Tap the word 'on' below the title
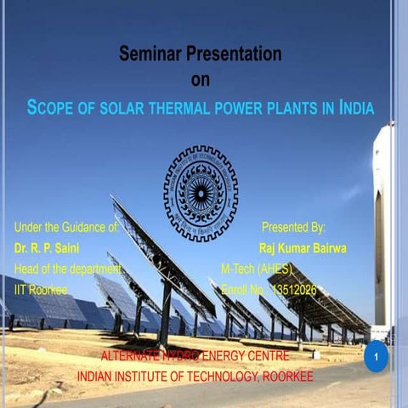(x=201, y=81)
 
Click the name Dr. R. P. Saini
(x=43, y=248)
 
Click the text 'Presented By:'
(x=294, y=228)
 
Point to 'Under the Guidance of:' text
(x=66, y=228)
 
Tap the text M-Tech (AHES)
(x=257, y=269)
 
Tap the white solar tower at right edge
(x=384, y=229)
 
